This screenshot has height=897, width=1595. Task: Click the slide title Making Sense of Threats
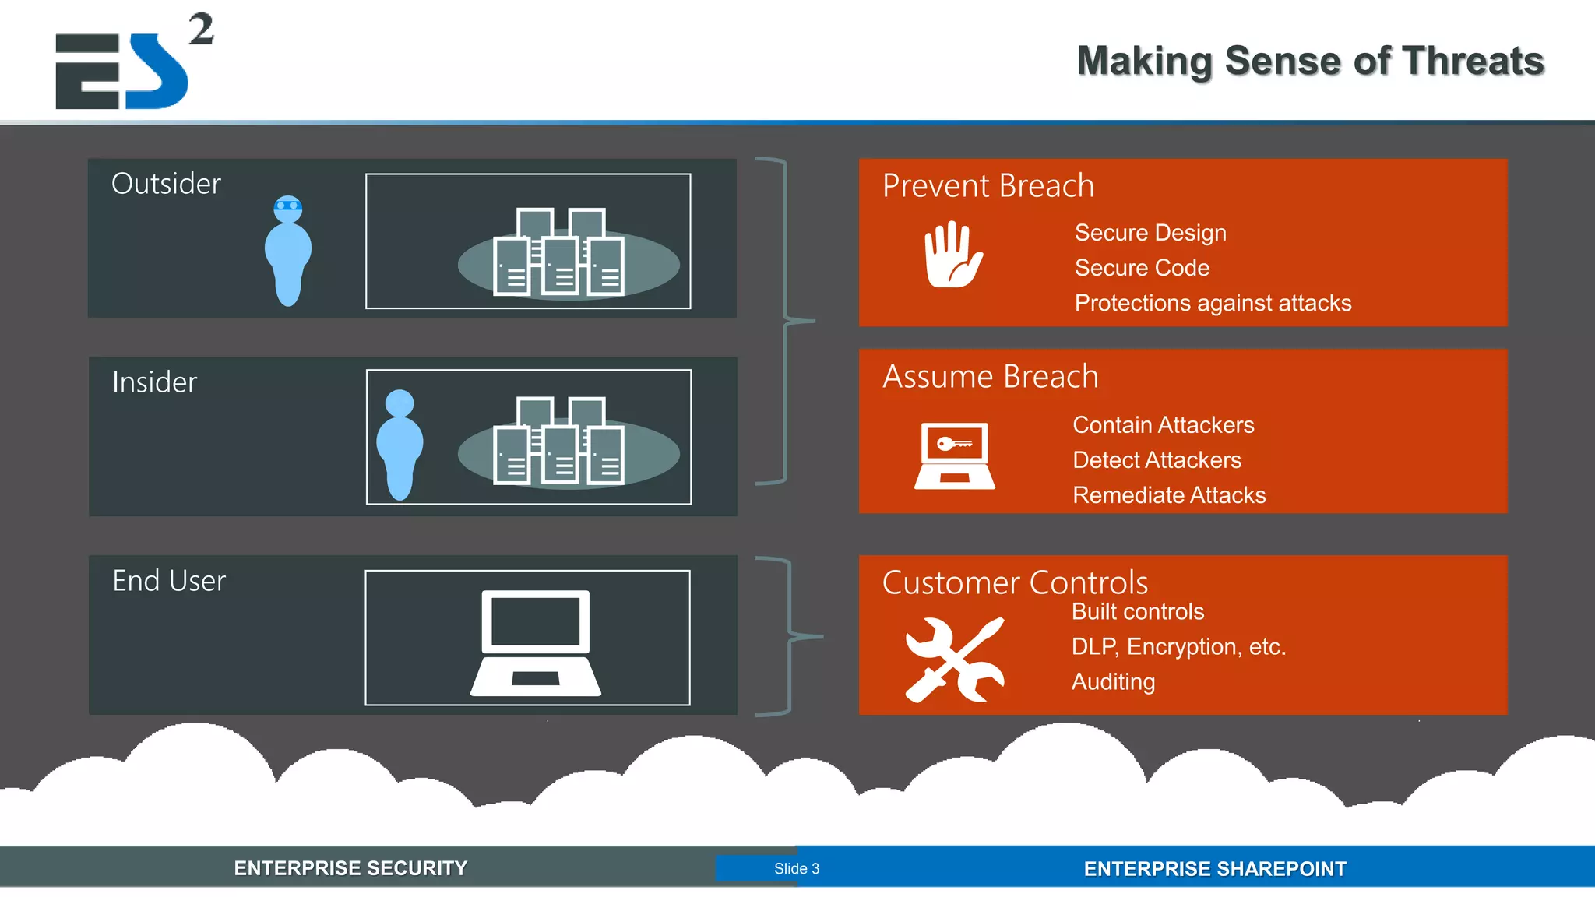coord(1310,61)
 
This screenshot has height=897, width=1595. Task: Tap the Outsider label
coord(166,184)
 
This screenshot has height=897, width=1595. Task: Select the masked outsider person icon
coord(288,249)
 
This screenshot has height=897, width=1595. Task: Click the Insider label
coord(154,382)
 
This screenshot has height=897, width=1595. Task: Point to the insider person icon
coord(400,445)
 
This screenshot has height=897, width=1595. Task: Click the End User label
coord(169,581)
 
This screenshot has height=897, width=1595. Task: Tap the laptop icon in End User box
coord(536,642)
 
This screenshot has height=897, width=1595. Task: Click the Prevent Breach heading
coord(988,186)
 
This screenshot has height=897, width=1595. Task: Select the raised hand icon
coord(952,255)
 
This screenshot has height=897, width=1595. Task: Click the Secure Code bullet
coord(1142,268)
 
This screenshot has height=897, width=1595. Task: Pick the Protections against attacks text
coord(1213,303)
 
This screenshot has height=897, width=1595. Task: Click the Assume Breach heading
coord(990,377)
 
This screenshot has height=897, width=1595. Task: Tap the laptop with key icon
coord(954,456)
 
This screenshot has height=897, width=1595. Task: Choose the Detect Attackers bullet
coord(1157,460)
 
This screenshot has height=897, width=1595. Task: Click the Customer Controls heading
coord(1015,582)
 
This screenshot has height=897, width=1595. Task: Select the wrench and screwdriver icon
coord(955,660)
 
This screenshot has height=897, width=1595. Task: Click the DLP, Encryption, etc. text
coord(1178,646)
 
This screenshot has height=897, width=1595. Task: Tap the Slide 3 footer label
coord(796,868)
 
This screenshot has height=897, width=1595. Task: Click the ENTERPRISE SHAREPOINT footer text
coord(1214,869)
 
